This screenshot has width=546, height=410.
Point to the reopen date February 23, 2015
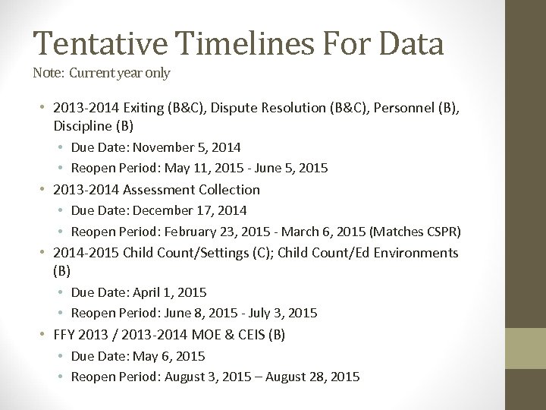point(212,231)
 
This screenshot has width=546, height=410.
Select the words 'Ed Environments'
point(410,252)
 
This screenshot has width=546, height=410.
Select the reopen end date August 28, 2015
point(315,377)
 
